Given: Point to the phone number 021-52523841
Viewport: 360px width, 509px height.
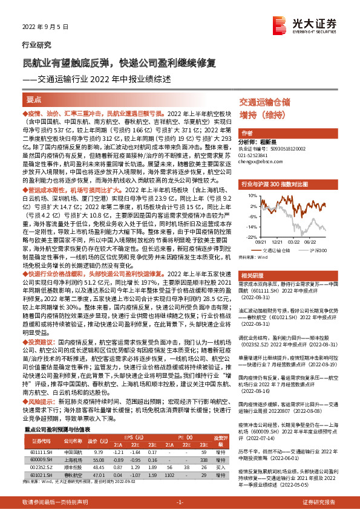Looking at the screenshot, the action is click(x=257, y=156).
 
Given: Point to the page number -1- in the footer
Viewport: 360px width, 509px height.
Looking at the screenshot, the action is click(x=180, y=502).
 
